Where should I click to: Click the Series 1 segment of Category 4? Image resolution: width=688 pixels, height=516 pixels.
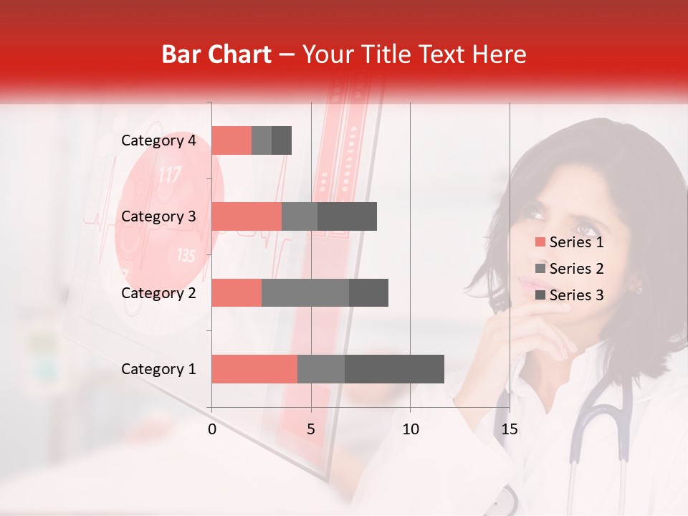click(231, 140)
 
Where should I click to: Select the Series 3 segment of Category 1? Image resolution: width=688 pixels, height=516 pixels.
click(394, 369)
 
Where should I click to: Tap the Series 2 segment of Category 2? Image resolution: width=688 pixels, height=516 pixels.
click(305, 293)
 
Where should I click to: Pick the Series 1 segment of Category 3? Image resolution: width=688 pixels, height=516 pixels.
click(247, 216)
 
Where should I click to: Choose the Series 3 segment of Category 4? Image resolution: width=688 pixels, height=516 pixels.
click(282, 140)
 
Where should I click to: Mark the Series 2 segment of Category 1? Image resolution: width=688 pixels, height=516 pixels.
click(321, 369)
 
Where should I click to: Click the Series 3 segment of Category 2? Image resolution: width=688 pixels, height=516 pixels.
click(368, 293)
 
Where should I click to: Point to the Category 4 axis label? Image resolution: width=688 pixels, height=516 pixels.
click(158, 140)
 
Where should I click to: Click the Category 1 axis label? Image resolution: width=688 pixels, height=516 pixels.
click(158, 369)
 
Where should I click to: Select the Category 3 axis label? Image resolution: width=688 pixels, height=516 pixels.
click(158, 216)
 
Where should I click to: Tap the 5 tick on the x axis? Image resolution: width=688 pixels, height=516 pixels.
click(311, 429)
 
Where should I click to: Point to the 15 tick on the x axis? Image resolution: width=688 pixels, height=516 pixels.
click(509, 429)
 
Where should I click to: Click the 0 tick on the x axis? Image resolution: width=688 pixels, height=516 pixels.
click(212, 429)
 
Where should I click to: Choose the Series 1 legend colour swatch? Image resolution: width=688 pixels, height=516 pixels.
click(540, 242)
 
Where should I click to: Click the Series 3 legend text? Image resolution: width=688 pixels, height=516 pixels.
click(576, 295)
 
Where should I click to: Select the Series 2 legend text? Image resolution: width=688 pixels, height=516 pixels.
click(576, 269)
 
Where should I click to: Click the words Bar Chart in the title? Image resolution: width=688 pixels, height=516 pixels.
click(216, 54)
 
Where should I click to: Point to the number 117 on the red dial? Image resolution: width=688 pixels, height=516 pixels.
click(169, 174)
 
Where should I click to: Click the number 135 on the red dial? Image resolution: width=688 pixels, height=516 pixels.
click(186, 255)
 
